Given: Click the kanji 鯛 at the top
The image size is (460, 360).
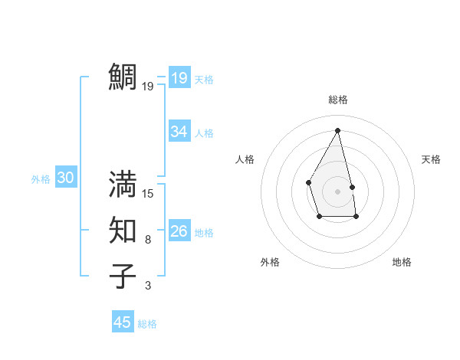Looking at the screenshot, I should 123,77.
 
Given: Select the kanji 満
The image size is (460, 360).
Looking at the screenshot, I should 123,184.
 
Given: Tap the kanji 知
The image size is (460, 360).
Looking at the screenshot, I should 123,231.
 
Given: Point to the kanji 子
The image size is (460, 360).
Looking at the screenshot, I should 123,276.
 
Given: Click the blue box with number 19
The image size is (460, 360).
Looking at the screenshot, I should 179,78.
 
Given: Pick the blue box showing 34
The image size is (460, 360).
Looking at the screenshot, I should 179,132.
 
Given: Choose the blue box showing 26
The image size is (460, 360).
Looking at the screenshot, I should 179,231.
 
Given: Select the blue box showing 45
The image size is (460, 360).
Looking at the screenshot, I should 123,322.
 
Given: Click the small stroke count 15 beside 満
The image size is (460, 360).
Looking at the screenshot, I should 148,193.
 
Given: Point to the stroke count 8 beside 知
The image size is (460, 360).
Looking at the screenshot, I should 148,240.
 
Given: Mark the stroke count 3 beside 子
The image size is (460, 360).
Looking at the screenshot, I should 148,286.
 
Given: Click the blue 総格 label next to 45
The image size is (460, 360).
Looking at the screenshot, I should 147,324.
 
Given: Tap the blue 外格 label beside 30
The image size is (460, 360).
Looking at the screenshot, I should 41,179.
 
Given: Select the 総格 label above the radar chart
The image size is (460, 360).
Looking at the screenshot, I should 338,100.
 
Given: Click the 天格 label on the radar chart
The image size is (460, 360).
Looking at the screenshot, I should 431,159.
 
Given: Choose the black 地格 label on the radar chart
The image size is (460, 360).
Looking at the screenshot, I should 402,262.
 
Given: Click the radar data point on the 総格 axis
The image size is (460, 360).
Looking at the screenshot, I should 338,129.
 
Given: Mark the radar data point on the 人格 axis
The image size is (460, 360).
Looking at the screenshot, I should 308,182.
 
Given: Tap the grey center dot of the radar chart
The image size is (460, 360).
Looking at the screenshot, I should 338,191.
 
